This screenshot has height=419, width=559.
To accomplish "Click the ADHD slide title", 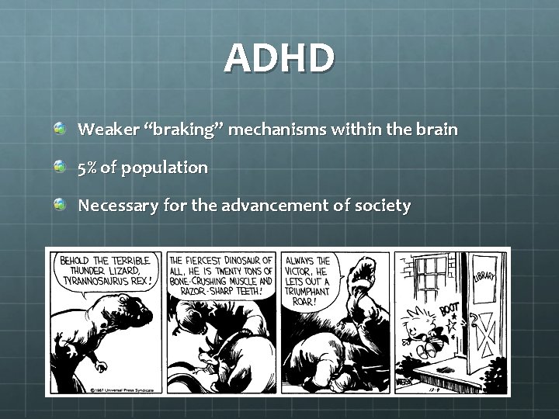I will click(279, 59).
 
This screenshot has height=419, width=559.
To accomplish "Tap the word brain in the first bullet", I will click(436, 130).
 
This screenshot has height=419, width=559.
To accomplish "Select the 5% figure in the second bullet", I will click(87, 167).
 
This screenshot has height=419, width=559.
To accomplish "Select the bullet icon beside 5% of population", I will click(60, 166).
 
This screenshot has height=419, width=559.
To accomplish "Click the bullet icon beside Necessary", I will click(60, 205).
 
